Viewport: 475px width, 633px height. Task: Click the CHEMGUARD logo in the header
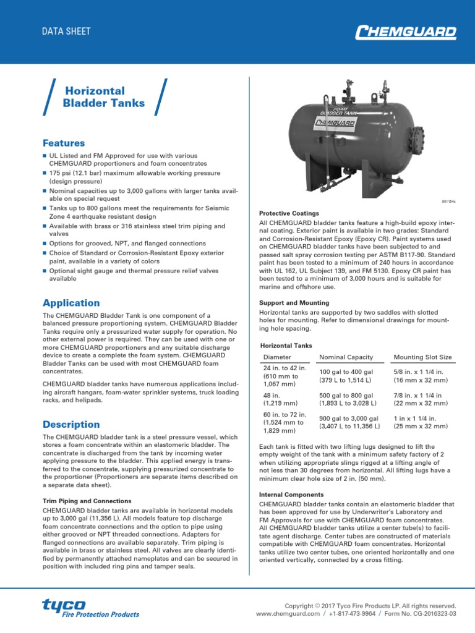(406, 32)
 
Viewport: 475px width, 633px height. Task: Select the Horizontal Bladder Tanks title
(104, 96)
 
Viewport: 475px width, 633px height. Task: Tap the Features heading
(64, 143)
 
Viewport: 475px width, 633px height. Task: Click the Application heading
(71, 303)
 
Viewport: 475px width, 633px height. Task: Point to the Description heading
(71, 424)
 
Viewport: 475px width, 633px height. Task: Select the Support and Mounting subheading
(294, 303)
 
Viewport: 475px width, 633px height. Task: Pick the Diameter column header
(277, 357)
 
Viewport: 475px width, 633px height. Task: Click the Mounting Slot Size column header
(422, 357)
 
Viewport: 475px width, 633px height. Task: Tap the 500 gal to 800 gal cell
(346, 399)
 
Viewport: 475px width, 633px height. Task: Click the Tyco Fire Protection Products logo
(90, 608)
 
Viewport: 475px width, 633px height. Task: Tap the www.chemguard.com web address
(288, 614)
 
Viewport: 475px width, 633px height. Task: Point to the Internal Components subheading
(291, 495)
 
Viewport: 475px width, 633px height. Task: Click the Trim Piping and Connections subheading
(87, 501)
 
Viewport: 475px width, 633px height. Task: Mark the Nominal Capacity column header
(346, 357)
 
